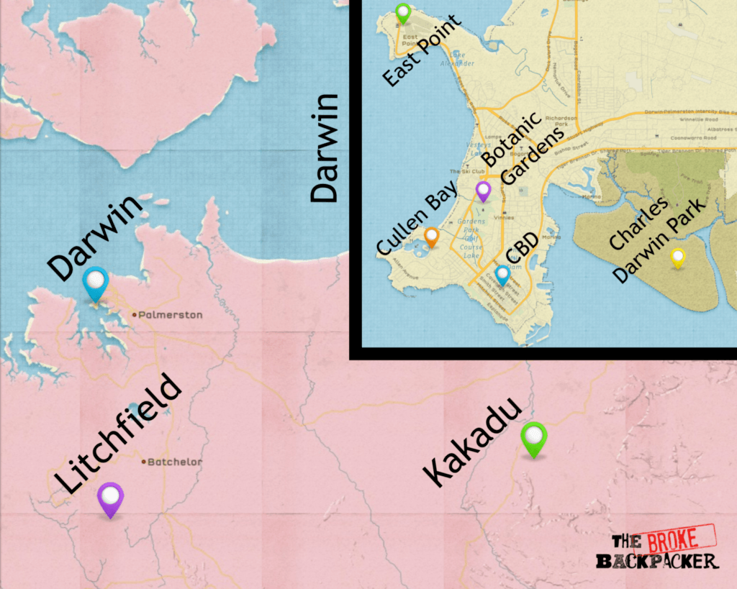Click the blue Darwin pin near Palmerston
click(x=95, y=282)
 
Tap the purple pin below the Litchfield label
click(x=110, y=498)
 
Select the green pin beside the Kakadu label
click(x=533, y=437)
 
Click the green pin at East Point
click(x=403, y=12)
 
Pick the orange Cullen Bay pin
click(x=431, y=236)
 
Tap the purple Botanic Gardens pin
click(x=484, y=190)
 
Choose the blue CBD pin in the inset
click(x=503, y=273)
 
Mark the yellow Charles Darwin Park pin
click(x=677, y=256)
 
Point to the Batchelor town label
click(x=174, y=462)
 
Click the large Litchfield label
click(x=119, y=434)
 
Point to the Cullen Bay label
click(x=417, y=219)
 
